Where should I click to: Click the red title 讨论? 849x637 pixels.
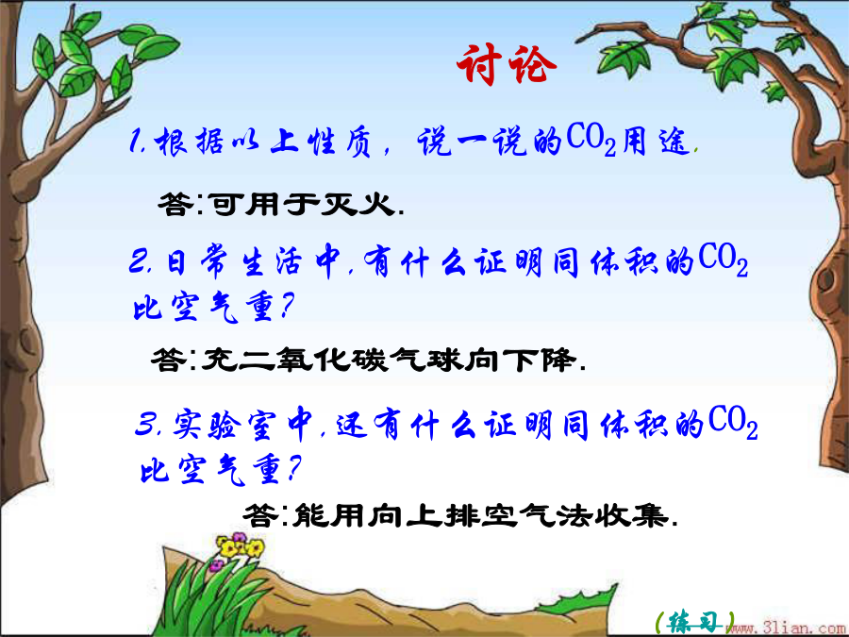click(507, 64)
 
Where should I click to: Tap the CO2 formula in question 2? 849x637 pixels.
click(723, 260)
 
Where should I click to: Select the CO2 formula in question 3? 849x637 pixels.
click(733, 422)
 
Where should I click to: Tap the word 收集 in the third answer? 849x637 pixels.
click(631, 514)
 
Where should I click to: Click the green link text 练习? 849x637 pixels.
click(694, 622)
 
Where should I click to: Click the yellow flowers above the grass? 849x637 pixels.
click(239, 547)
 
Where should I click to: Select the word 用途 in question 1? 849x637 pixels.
click(656, 142)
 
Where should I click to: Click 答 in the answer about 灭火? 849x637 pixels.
click(175, 204)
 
